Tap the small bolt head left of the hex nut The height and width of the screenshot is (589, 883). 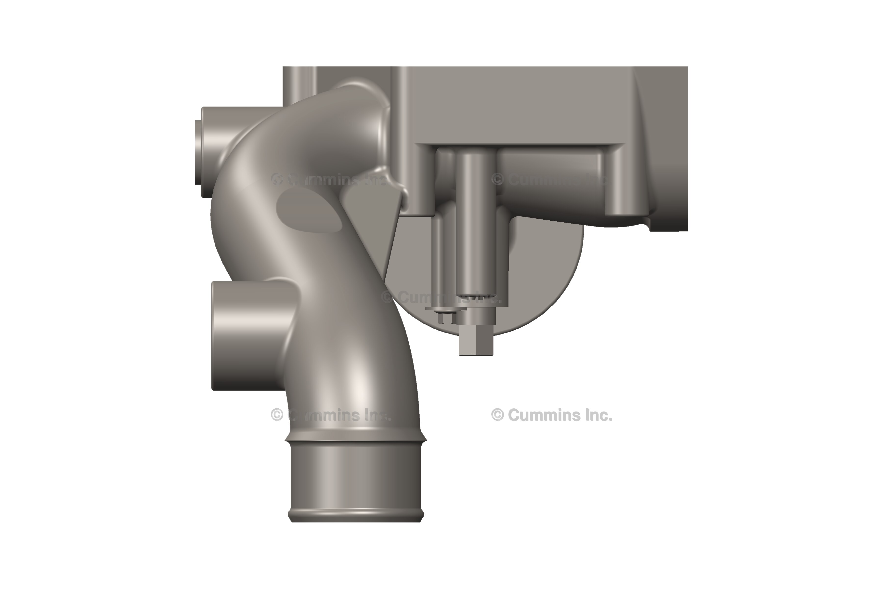(x=446, y=317)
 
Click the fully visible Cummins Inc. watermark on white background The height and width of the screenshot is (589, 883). (x=552, y=415)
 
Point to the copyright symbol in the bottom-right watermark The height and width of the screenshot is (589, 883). (x=497, y=415)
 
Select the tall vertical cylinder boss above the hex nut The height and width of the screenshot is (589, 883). (x=476, y=222)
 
